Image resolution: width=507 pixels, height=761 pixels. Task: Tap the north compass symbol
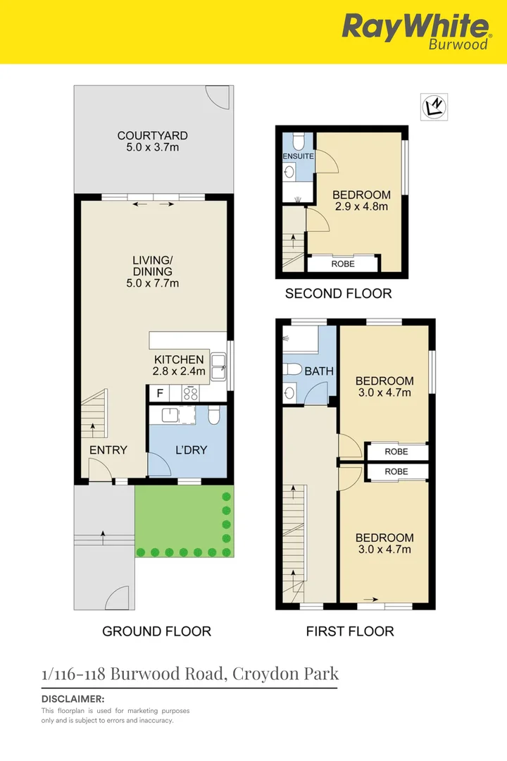[x=434, y=107]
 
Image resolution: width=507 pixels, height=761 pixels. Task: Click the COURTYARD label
[x=152, y=136]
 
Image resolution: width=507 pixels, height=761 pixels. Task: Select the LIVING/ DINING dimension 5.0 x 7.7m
[x=152, y=283]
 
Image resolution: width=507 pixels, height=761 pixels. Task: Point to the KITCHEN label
[x=178, y=360]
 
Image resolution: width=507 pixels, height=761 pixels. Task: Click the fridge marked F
[x=160, y=393]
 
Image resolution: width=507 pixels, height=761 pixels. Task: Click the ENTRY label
[x=108, y=450]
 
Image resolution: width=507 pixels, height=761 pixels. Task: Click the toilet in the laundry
[x=214, y=416]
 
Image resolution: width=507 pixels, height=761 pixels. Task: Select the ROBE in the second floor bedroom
[x=343, y=264]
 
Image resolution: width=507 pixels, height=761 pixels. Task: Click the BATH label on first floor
[x=320, y=371]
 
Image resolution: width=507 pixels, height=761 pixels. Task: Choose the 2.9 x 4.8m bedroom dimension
[x=361, y=206]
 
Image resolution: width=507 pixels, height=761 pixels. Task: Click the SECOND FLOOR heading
[x=338, y=294]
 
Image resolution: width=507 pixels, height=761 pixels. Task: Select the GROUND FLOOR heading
[x=156, y=631]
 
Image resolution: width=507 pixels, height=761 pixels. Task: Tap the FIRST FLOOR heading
[x=349, y=631]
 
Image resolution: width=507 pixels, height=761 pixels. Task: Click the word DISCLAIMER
[x=73, y=699]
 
